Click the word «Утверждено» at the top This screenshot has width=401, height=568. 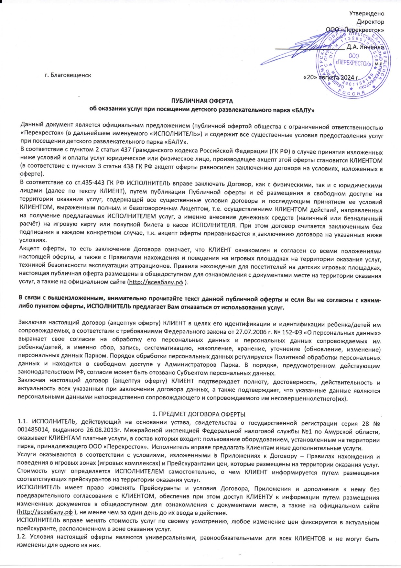coord(367,14)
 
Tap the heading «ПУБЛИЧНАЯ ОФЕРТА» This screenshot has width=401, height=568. coord(202,102)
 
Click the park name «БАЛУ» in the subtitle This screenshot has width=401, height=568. coord(304,110)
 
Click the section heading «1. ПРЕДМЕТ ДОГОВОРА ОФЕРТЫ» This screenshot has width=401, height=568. coord(199,414)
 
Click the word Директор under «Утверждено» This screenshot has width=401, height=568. coord(370,22)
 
